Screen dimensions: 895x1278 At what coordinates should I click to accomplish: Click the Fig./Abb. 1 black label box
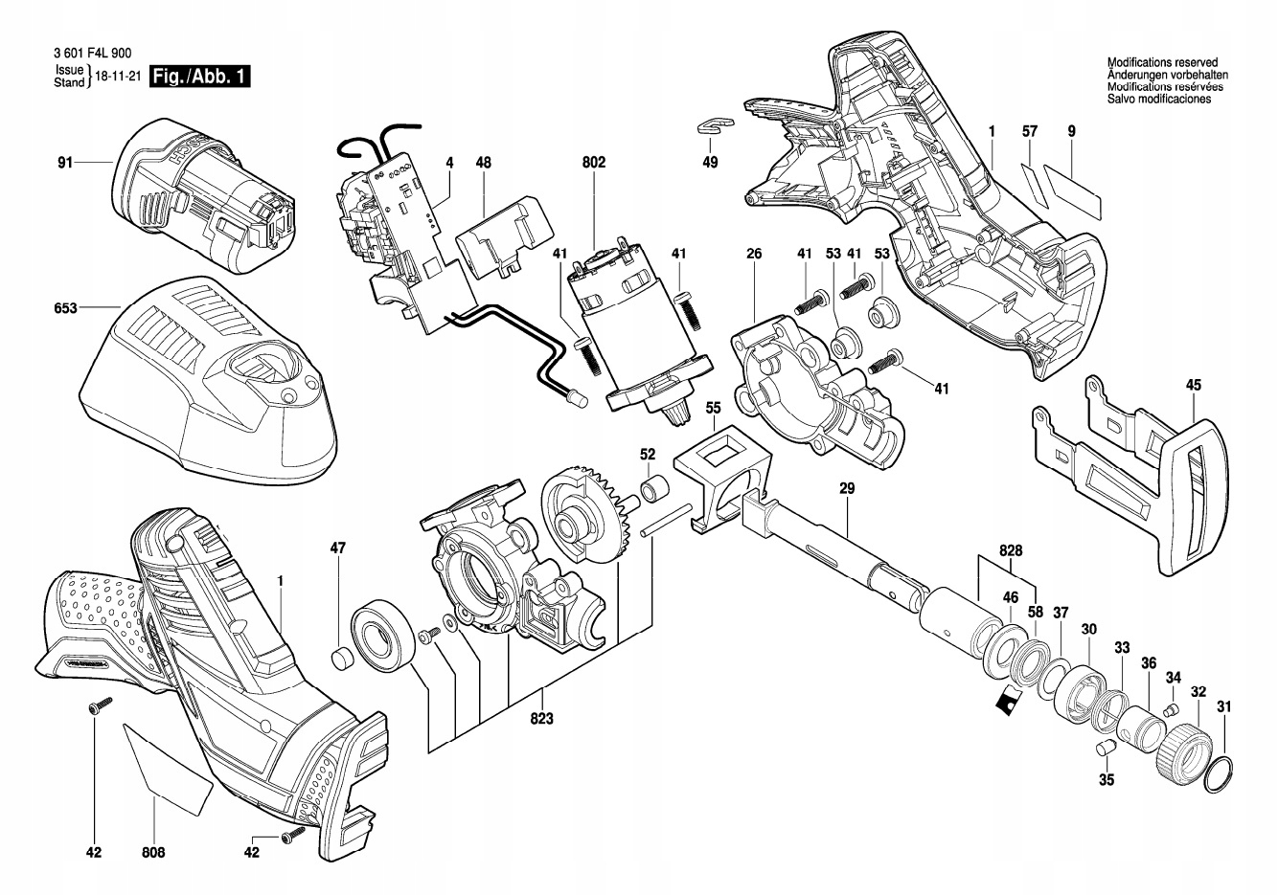tap(200, 77)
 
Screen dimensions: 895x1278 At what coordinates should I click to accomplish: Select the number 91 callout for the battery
tap(64, 164)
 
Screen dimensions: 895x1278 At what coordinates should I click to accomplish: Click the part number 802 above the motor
tap(593, 164)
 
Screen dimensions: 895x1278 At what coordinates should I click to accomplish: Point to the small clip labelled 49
tap(713, 124)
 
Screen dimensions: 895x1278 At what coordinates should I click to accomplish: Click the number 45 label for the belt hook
tap(1193, 385)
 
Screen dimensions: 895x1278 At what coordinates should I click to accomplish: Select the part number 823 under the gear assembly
tap(542, 719)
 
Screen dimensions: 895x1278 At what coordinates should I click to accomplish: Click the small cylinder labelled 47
tap(340, 660)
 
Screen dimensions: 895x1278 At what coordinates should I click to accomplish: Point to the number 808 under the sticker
tap(153, 852)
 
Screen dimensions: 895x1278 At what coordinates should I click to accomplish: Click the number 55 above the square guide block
tap(713, 408)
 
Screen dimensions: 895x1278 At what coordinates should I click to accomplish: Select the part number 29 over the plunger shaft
tap(847, 488)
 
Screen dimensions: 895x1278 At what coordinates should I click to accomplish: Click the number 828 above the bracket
tap(1010, 551)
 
